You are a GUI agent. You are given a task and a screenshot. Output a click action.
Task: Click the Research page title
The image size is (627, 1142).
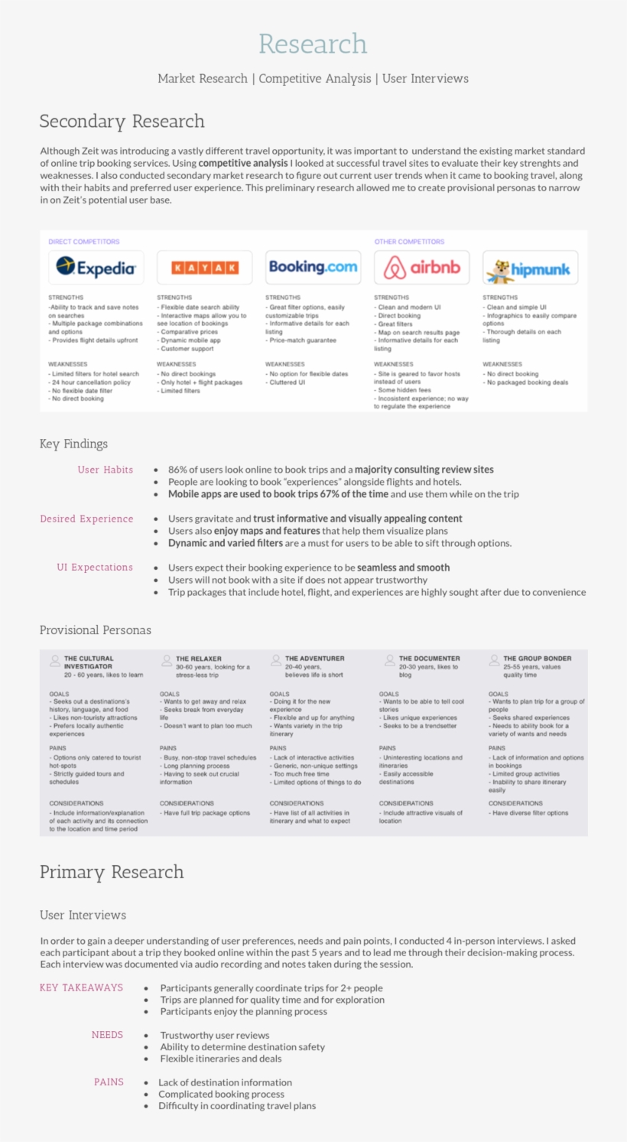tap(313, 44)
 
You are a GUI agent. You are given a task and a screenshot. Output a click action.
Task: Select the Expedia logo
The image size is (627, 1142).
tap(96, 268)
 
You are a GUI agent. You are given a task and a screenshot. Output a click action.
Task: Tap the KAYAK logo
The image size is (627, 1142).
tap(205, 268)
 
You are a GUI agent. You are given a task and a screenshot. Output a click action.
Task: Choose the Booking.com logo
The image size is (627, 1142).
tap(313, 267)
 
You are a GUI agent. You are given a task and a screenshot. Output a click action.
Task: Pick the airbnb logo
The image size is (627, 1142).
tap(422, 268)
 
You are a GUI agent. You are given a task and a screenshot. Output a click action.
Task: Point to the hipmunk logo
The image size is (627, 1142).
tap(531, 268)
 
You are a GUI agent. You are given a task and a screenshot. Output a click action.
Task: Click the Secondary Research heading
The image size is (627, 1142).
tap(122, 121)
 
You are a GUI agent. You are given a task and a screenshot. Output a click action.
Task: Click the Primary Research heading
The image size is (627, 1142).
tap(112, 872)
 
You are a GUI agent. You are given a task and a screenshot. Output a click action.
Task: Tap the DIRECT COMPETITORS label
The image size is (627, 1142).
tap(84, 242)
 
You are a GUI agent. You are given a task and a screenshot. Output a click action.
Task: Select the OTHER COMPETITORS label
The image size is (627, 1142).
tap(409, 242)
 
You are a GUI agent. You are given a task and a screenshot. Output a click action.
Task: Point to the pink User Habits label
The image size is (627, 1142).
tap(106, 470)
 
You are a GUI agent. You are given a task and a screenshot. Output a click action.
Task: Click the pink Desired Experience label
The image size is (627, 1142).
tap(86, 519)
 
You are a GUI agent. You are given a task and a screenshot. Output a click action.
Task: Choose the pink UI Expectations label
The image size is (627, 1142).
tap(95, 568)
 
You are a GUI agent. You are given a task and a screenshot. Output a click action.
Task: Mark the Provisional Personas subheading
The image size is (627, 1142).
tap(96, 630)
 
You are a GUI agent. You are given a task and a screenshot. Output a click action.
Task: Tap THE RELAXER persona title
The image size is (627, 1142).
tap(199, 659)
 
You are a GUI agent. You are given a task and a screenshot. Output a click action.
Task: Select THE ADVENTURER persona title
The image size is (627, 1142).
tap(314, 659)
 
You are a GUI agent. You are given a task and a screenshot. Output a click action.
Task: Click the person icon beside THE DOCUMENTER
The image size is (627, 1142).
tap(390, 660)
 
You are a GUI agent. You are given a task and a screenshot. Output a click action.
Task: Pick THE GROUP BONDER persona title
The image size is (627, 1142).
tap(537, 659)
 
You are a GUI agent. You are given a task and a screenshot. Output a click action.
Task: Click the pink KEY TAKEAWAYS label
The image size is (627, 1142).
tap(81, 987)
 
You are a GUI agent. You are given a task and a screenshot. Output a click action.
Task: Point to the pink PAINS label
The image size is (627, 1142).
tap(109, 1082)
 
